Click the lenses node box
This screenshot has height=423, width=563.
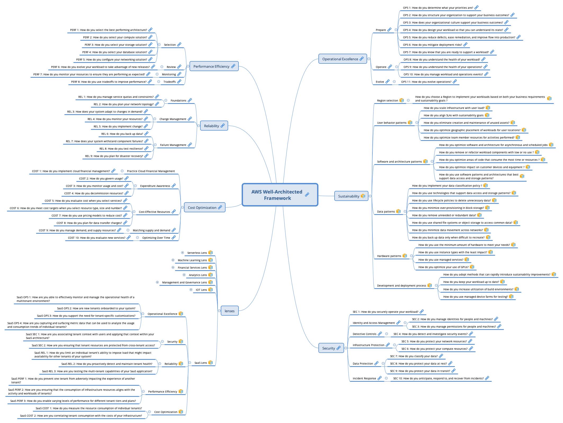point(229,311)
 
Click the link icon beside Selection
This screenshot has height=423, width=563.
point(179,44)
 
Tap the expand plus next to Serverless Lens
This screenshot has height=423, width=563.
point(182,253)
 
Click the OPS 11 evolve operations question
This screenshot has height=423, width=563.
point(426,82)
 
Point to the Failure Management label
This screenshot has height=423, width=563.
point(173,145)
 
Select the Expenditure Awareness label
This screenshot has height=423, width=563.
point(155,186)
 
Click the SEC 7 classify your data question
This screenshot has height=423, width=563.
point(414,356)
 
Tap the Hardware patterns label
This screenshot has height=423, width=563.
point(389,256)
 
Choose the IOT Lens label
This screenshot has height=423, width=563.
point(201,290)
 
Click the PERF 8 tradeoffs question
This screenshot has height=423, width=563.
point(109,82)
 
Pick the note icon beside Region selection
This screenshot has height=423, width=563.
point(402,100)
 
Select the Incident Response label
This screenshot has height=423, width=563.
point(364,378)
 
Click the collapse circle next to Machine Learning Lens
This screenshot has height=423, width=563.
point(173,260)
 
